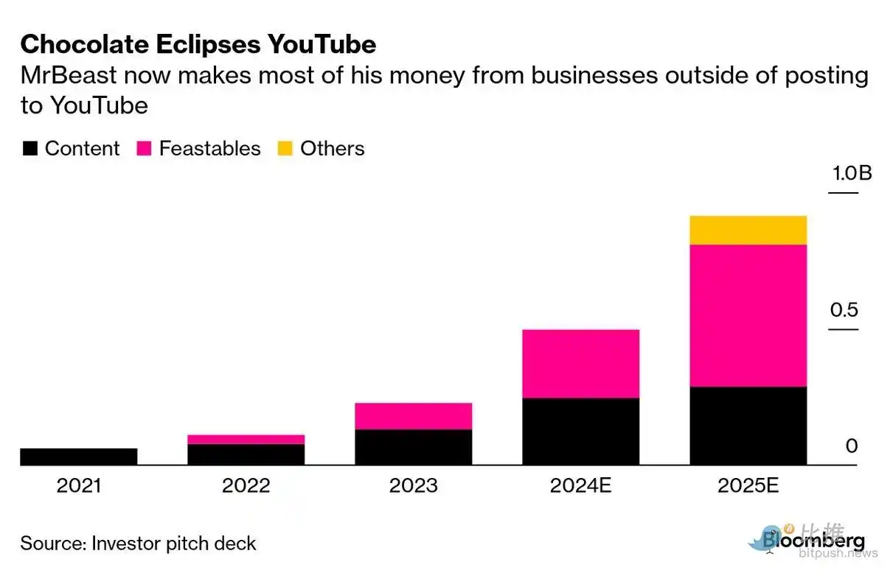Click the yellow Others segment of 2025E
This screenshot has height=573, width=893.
748,230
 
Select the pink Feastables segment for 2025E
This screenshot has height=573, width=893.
748,315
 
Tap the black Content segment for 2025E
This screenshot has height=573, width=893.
748,425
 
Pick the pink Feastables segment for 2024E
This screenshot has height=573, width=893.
580,363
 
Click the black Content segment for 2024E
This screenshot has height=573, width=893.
580,431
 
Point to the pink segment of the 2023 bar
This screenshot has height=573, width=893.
413,416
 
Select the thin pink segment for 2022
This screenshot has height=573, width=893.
246,439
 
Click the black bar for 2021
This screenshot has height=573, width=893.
78,457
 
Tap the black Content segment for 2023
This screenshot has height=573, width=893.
413,447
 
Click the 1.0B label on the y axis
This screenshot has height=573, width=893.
852,174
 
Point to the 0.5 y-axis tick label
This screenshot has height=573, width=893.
844,309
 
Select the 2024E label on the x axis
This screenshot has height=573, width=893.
580,486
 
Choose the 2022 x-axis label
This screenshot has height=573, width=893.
246,486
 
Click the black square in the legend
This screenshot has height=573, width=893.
29,149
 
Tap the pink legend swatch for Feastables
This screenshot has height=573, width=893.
144,149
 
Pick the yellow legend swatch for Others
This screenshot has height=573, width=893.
285,149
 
